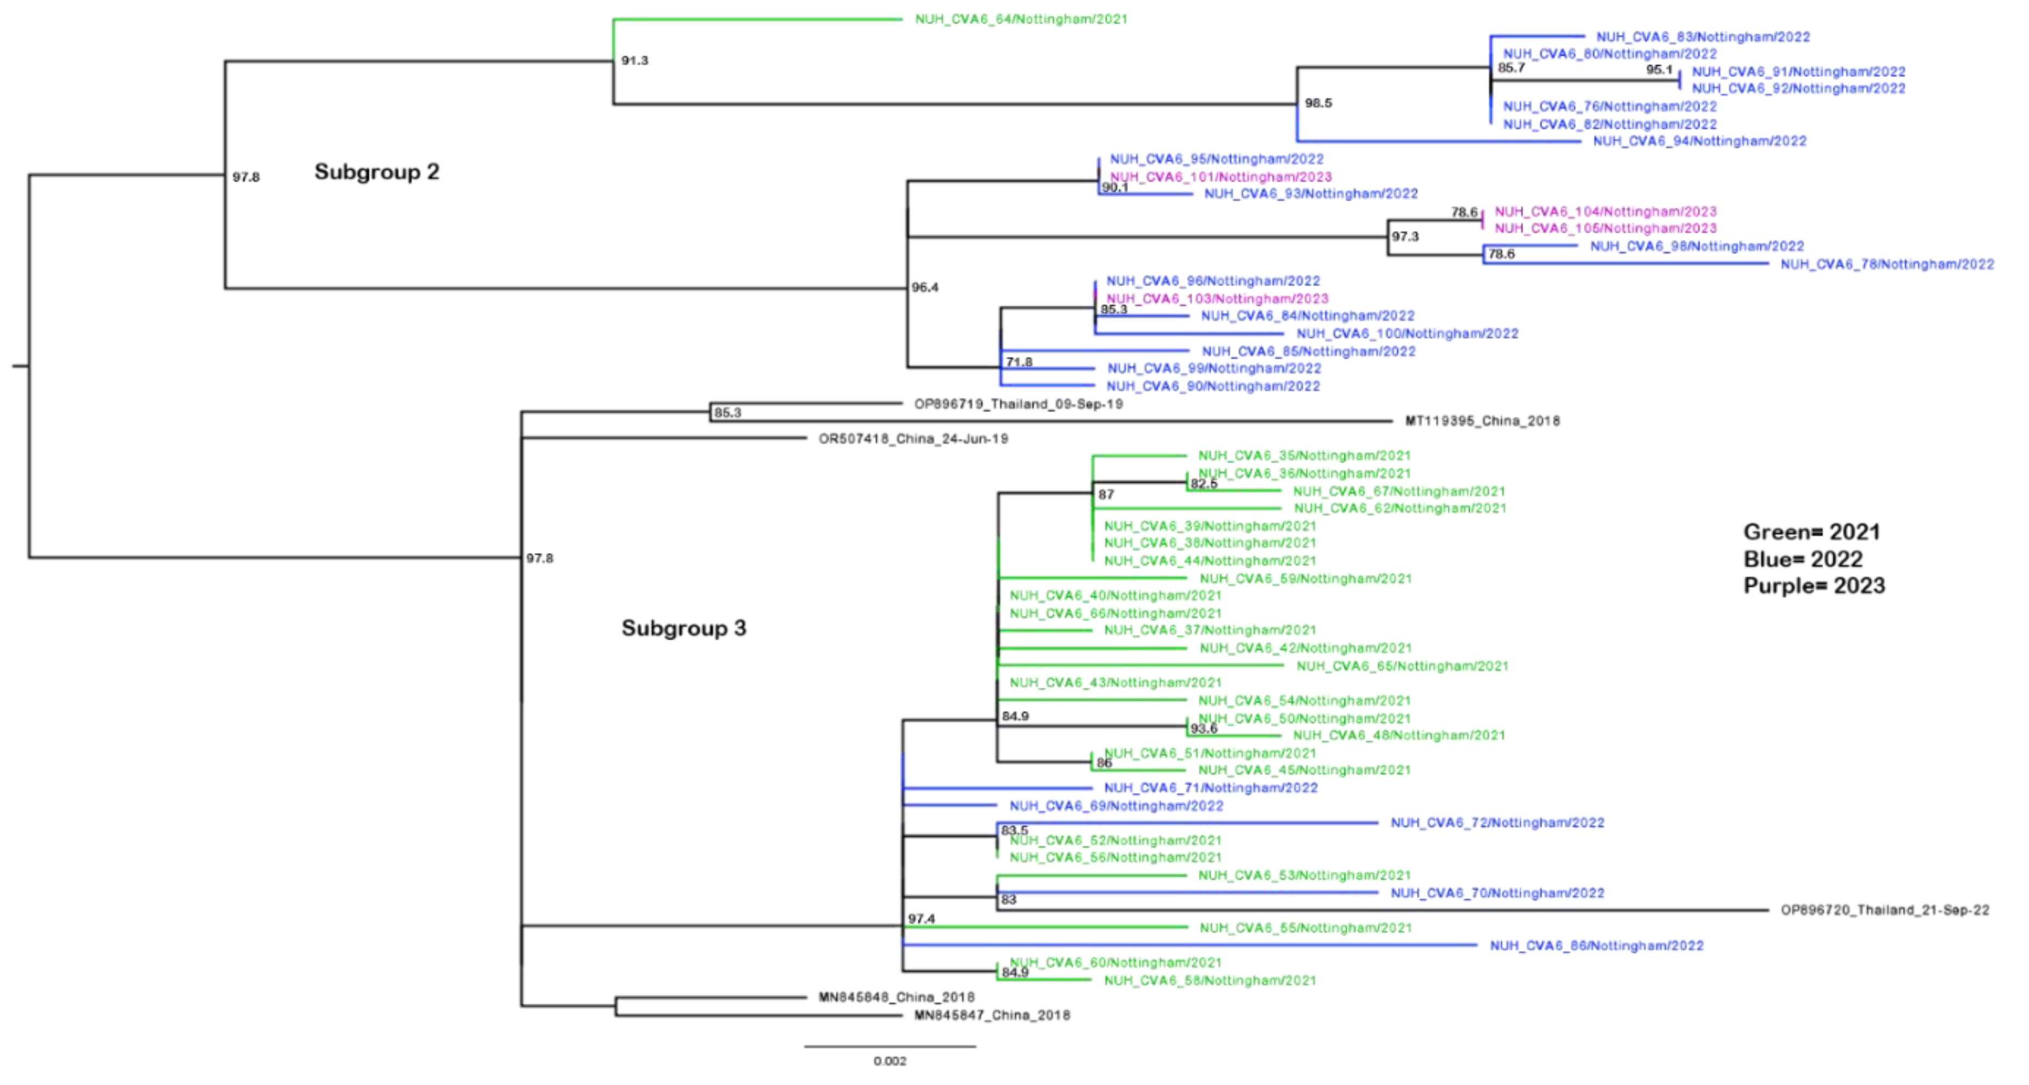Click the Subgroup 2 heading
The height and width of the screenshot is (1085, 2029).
click(377, 172)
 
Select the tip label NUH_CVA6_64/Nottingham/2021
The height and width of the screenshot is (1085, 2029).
click(1021, 19)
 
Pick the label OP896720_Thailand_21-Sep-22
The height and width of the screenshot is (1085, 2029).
click(1885, 910)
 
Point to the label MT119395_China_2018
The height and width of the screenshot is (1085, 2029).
click(1482, 421)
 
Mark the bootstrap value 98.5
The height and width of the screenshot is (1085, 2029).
click(1318, 103)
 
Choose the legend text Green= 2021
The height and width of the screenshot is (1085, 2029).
click(1811, 532)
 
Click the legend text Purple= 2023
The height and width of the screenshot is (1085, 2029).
click(1814, 585)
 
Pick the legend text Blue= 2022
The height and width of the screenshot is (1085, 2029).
click(1803, 559)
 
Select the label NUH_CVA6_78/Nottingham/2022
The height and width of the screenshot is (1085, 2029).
click(1887, 264)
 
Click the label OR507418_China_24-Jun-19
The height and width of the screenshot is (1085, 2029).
click(913, 439)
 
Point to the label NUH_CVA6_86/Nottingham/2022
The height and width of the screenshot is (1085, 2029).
click(1596, 946)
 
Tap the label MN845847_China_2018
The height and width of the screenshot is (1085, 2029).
click(992, 1015)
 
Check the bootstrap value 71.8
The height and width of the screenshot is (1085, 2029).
click(1019, 362)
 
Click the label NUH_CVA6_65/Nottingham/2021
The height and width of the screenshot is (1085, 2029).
click(1402, 666)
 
